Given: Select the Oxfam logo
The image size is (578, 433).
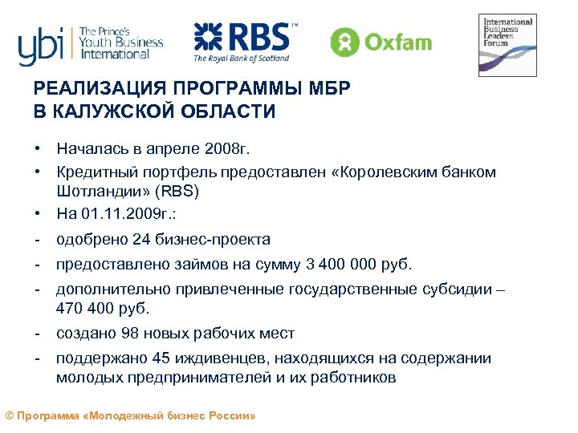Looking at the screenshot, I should coord(381,41).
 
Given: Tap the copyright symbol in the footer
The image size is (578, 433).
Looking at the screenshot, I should coord(10,417).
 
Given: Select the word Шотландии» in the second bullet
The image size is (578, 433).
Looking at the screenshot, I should coord(97,192).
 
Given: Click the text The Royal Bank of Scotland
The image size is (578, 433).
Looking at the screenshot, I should coord(242,58).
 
